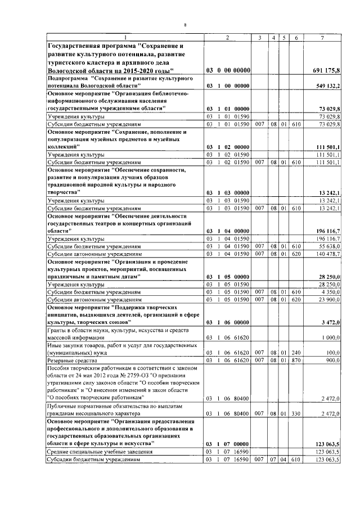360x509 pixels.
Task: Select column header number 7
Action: [x=322, y=38]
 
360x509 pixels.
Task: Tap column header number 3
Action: [x=259, y=38]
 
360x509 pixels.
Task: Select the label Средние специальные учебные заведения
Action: [x=92, y=452]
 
